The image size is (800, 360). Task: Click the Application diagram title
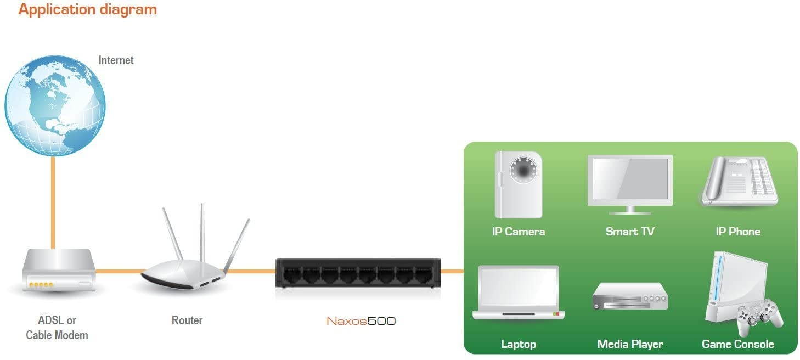pos(87,9)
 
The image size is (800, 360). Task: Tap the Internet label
pos(116,60)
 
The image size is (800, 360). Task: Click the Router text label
pos(187,320)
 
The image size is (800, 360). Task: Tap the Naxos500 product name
pos(361,321)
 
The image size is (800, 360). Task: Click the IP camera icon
pos(518,184)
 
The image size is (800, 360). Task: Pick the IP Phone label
pos(737,232)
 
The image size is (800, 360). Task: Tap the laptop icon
pos(518,292)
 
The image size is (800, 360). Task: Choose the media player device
pos(630,297)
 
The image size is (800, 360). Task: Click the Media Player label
pos(630,345)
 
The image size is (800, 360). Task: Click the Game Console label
pos(737,345)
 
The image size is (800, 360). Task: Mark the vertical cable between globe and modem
pos(53,203)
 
